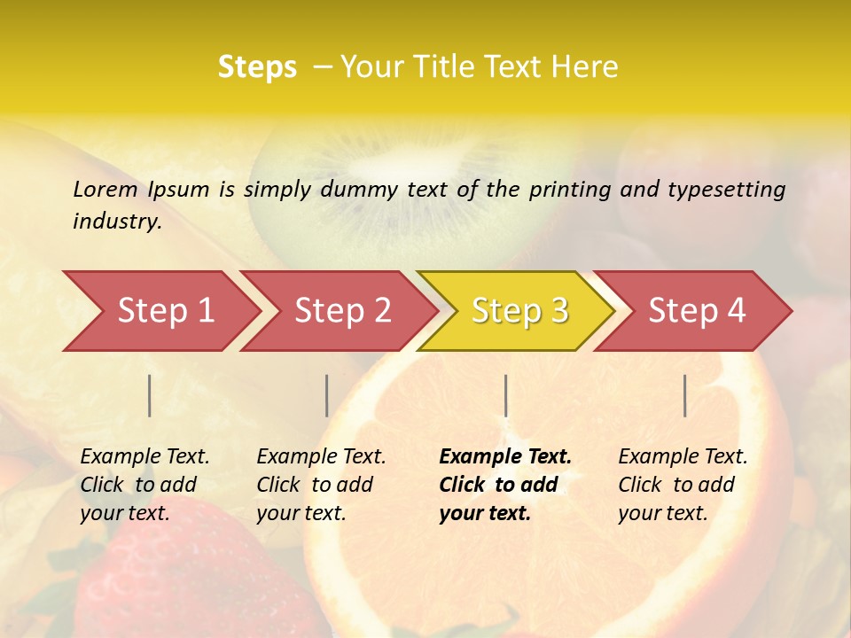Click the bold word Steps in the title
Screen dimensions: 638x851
(257, 67)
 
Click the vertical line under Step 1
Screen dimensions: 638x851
(150, 395)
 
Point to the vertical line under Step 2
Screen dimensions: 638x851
(327, 395)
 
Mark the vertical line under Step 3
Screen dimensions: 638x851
(506, 395)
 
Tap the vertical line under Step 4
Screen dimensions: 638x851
(685, 395)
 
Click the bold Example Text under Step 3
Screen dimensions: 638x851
(505, 456)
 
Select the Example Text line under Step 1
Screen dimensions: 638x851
(144, 456)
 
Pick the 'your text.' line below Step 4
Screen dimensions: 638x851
(662, 513)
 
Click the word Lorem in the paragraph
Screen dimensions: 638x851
(105, 189)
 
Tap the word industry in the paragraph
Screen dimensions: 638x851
(116, 221)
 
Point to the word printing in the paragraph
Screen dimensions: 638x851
(569, 189)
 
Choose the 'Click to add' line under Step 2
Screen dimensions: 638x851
(315, 485)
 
